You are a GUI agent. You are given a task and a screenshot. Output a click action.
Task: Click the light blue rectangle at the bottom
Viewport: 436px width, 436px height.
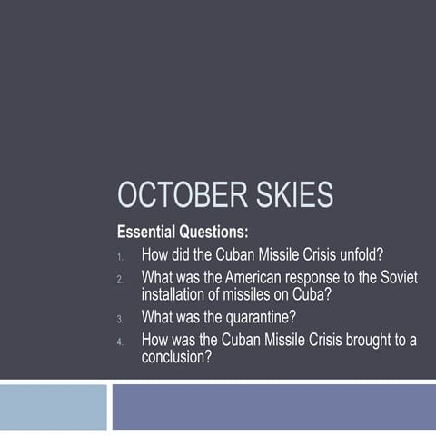(53, 407)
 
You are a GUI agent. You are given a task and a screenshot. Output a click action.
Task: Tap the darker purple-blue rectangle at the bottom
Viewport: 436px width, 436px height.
(272, 407)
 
